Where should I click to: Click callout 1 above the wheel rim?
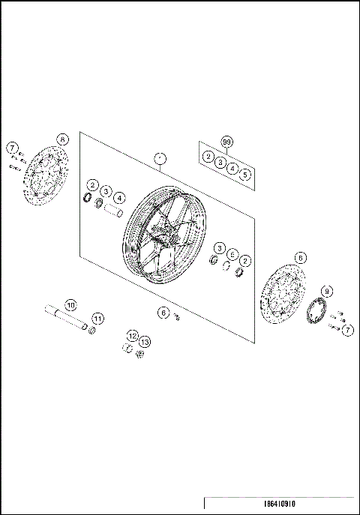tap(159, 158)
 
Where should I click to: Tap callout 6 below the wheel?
tap(162, 312)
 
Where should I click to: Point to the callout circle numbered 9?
tap(326, 291)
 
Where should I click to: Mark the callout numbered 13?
tap(144, 342)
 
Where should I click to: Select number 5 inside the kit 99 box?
tap(245, 174)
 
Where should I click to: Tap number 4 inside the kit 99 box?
tap(232, 169)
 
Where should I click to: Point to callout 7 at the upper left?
tap(13, 148)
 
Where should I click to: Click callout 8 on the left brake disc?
tap(62, 139)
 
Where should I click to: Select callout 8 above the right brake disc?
tap(300, 257)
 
